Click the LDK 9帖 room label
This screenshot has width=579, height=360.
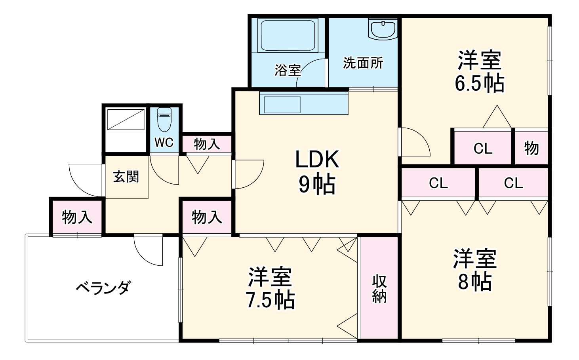[x=317, y=171]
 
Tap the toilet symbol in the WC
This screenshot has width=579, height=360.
[x=164, y=120]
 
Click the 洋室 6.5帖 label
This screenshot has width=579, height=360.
[x=479, y=71]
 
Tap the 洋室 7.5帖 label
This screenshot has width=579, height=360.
[x=270, y=288]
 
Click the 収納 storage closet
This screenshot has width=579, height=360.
[x=379, y=288]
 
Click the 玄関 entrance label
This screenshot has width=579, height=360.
[x=126, y=177]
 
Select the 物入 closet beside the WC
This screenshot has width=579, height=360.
[x=207, y=144]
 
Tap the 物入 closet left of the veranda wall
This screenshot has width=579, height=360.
[x=77, y=217]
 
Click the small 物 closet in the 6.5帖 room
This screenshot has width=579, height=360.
[x=531, y=148]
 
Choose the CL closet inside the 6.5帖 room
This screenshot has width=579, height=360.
[x=483, y=149]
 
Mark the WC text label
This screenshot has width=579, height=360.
[x=164, y=143]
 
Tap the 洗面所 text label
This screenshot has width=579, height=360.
[x=363, y=63]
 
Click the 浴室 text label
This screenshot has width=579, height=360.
[x=288, y=70]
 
